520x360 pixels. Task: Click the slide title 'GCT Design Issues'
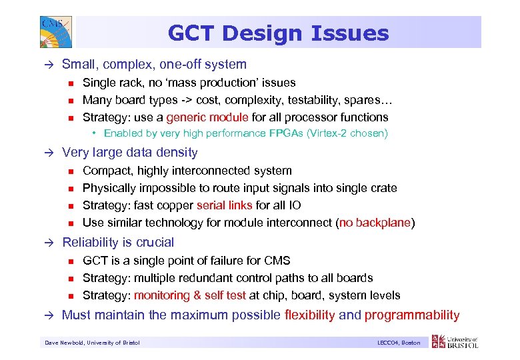pyautogui.click(x=278, y=33)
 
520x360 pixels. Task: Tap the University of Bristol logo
pyautogui.click(x=455, y=342)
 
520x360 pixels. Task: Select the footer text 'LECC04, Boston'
pyautogui.click(x=398, y=343)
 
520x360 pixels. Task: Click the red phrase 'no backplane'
pyautogui.click(x=375, y=223)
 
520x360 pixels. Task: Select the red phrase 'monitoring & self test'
pyautogui.click(x=190, y=295)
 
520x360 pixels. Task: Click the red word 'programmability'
pyautogui.click(x=412, y=315)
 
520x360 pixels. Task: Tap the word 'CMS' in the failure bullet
pyautogui.click(x=277, y=261)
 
